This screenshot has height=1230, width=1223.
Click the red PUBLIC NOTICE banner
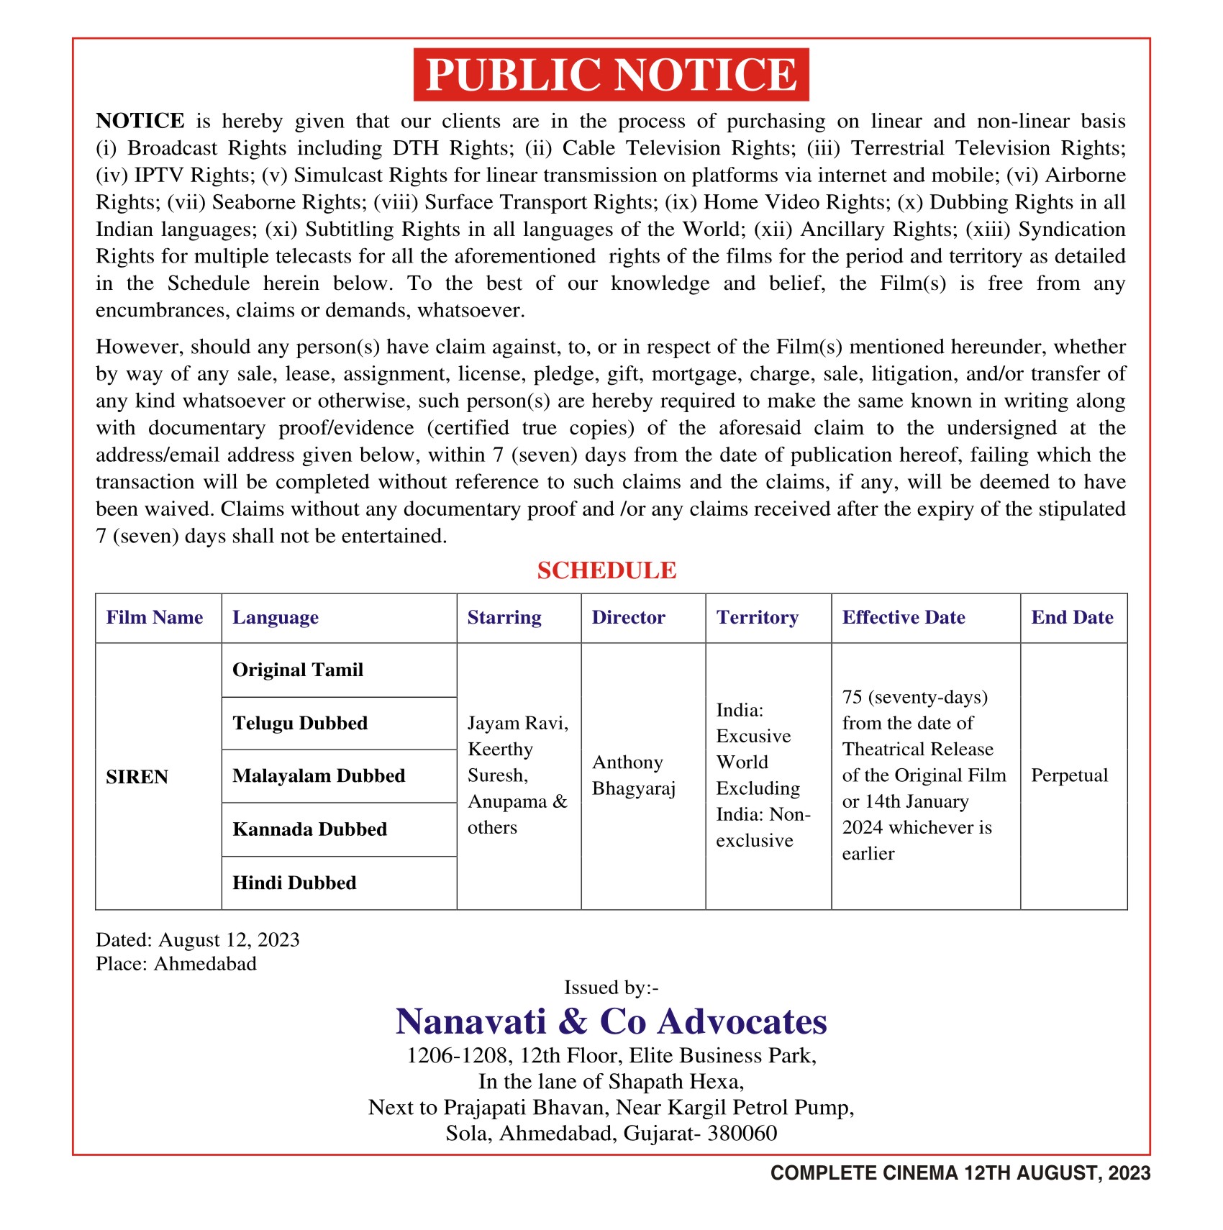611,75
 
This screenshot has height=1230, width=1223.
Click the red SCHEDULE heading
606,570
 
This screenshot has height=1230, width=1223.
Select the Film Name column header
155,618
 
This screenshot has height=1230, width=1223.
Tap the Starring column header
504,618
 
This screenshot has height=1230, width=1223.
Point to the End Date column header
1072,618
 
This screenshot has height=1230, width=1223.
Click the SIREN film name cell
137,777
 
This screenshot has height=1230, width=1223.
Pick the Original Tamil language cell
298,670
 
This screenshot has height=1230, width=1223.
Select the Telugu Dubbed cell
300,724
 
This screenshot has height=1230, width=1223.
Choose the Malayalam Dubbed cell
319,776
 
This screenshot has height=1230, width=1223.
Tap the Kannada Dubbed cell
309,829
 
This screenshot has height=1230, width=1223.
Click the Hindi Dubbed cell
294,883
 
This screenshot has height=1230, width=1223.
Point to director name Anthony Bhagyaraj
634,775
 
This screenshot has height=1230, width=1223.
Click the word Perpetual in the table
1069,775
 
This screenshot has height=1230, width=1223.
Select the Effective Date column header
904,618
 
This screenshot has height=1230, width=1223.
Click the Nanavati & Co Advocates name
611,1021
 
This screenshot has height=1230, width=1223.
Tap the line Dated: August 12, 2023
198,940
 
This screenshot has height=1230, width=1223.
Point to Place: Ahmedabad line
176,964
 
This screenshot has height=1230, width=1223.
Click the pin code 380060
742,1134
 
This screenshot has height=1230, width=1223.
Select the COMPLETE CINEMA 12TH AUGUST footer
960,1173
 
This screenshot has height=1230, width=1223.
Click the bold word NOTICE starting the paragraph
140,121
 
